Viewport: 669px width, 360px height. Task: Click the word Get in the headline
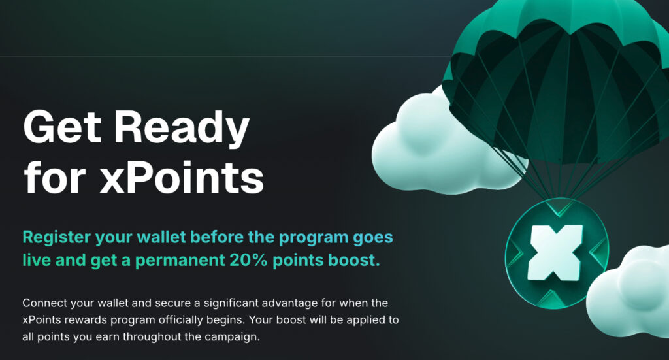point(62,127)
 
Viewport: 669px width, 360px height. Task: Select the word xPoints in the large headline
point(182,176)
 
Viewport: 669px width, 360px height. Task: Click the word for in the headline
point(55,176)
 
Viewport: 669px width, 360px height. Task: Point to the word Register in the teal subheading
point(57,238)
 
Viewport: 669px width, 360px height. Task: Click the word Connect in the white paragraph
point(45,303)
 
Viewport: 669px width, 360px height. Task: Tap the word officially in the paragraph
point(182,320)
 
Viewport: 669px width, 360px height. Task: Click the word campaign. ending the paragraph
point(232,337)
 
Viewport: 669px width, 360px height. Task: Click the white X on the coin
point(556,253)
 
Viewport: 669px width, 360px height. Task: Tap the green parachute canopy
point(559,77)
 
